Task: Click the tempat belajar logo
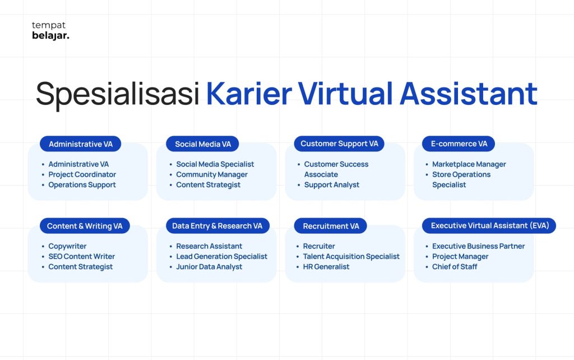[50, 31]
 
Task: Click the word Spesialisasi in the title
[118, 94]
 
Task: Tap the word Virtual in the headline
[345, 94]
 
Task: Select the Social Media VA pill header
[202, 144]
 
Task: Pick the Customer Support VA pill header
[339, 144]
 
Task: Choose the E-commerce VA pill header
[459, 144]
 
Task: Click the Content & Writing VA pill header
[85, 226]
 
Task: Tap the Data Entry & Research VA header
[217, 226]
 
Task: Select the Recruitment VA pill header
[331, 226]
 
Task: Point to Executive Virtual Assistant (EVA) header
[489, 225]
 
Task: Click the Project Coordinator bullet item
[82, 175]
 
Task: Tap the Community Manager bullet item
[211, 175]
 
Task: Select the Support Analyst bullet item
[332, 185]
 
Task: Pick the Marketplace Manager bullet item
[469, 164]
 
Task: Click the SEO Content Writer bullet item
[82, 257]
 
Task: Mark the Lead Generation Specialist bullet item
[221, 257]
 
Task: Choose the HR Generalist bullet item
[326, 267]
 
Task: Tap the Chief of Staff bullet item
[454, 267]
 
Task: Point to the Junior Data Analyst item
[209, 267]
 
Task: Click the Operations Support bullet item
[82, 185]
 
